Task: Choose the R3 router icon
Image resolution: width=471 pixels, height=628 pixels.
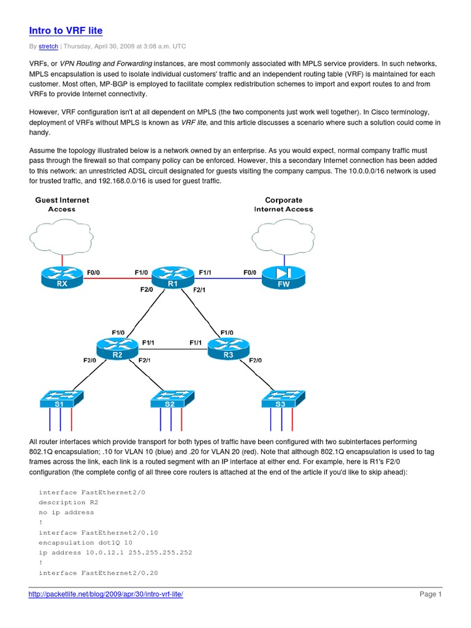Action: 228,350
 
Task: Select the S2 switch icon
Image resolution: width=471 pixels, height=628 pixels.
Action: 171,400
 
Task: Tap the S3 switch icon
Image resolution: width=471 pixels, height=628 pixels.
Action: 281,400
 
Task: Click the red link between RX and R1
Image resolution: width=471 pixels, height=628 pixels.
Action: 117,279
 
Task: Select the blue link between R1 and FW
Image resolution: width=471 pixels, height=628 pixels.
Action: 228,279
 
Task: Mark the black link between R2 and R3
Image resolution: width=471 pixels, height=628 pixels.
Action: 172,350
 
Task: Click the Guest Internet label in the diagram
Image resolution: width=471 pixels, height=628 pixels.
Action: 62,200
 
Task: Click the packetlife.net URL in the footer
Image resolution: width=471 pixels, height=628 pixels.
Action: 106,594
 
